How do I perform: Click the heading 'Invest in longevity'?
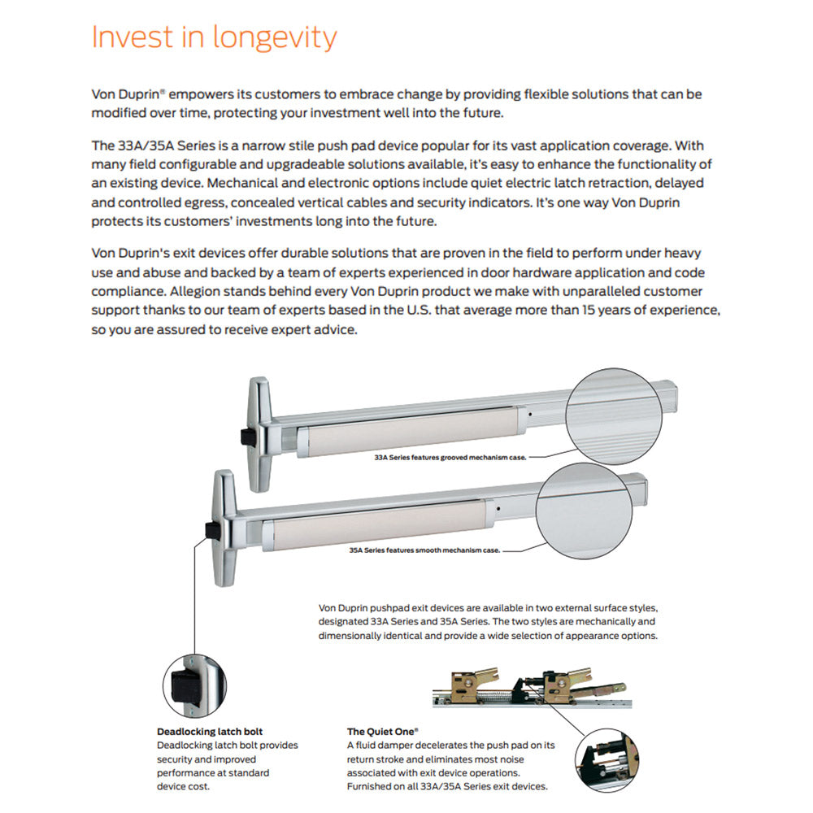point(214,37)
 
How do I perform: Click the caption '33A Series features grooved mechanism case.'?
point(450,458)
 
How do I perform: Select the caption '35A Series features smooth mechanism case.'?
point(424,550)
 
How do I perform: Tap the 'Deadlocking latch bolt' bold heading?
point(209,732)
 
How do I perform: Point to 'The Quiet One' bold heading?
point(381,732)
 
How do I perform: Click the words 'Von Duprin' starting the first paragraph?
point(122,94)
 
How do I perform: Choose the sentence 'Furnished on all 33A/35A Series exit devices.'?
point(447,786)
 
